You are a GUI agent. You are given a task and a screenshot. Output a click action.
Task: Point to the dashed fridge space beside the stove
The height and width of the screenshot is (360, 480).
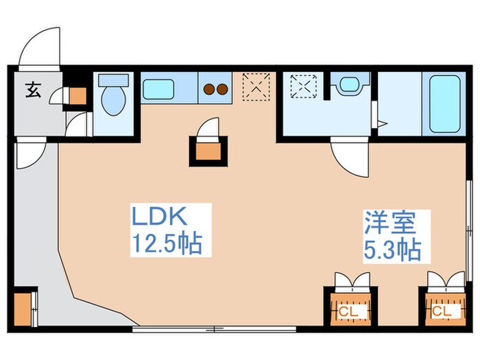point(256,86)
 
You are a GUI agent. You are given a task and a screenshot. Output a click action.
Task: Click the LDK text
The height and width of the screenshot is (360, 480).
point(159,219)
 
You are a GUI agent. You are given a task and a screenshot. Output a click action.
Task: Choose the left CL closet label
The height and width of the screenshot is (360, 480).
point(347,311)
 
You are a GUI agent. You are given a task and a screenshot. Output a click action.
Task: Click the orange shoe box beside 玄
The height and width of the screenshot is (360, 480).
point(77,96)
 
